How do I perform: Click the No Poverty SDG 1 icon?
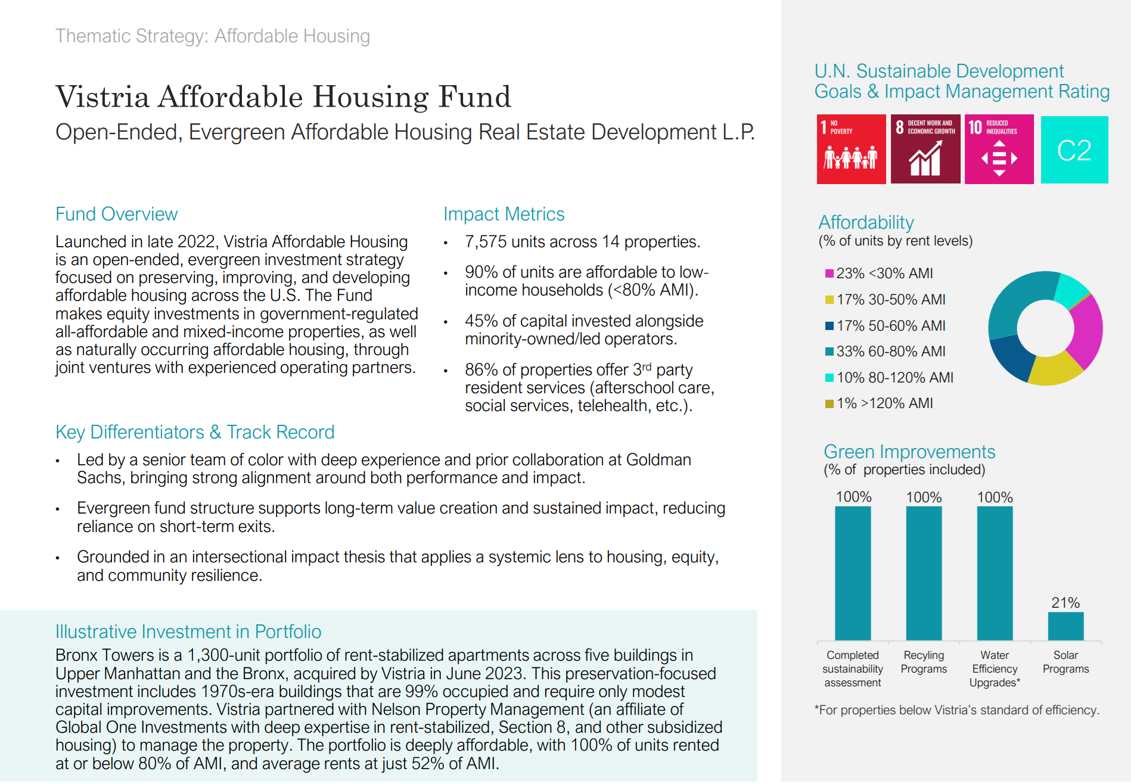tap(851, 149)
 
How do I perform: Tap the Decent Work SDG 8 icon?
tap(925, 149)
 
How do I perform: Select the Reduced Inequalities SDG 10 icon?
tap(999, 149)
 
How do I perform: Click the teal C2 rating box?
tap(1074, 150)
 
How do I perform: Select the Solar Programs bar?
tap(1065, 626)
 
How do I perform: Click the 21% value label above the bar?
tap(1065, 603)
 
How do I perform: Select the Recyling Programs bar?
tap(924, 573)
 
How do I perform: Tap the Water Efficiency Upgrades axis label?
tap(995, 669)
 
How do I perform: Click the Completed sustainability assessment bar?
tap(853, 573)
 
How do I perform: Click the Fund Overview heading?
tap(116, 214)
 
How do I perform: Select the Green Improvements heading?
tap(909, 452)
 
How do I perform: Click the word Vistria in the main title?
tap(102, 97)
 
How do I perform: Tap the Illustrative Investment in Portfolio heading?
tap(188, 631)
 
